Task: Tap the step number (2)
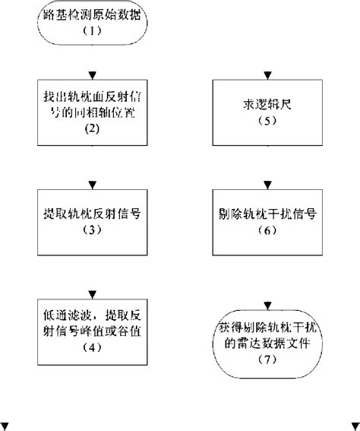tap(91, 128)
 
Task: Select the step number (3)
tap(91, 230)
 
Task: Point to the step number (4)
tap(91, 348)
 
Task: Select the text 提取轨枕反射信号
tap(91, 214)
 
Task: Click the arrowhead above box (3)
tap(91, 183)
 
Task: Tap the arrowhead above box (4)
tap(91, 293)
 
